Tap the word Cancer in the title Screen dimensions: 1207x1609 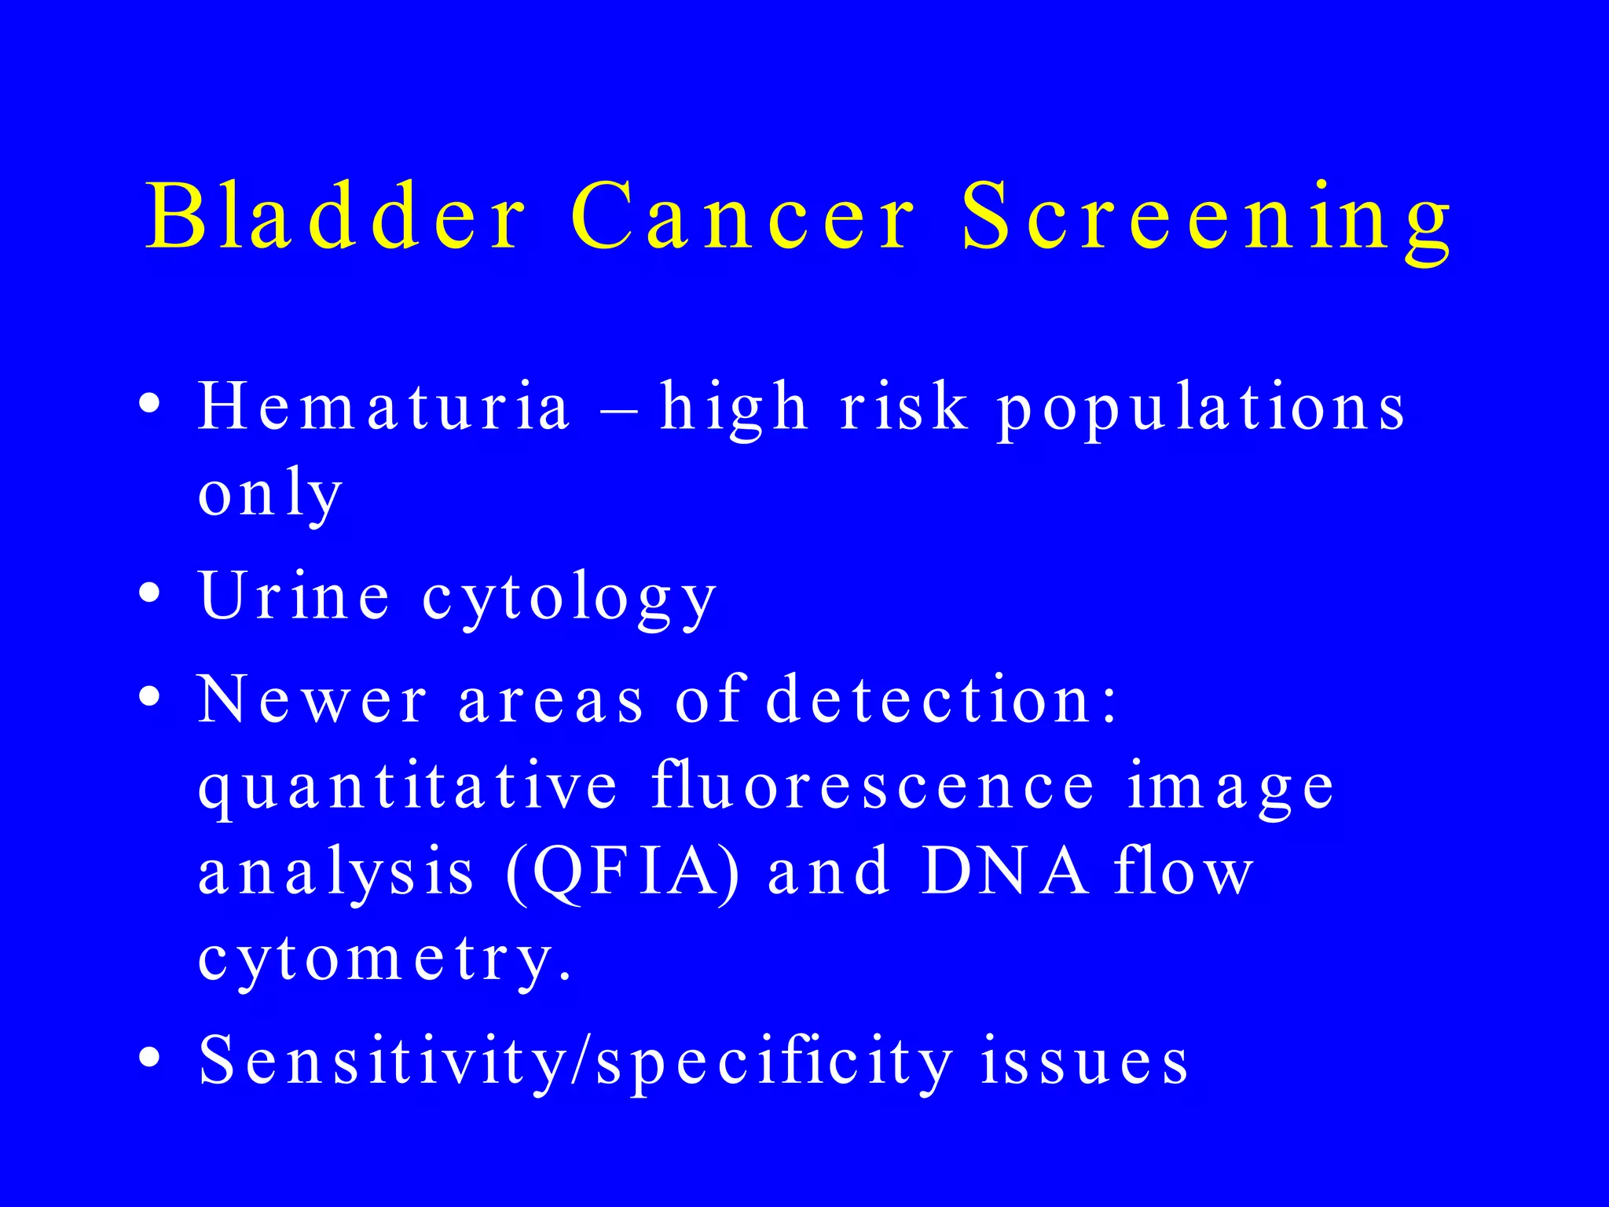click(x=742, y=215)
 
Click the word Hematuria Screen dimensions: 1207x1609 click(x=383, y=406)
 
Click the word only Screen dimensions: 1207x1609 click(x=269, y=495)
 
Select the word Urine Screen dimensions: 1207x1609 click(x=295, y=596)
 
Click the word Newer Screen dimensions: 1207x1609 click(x=313, y=699)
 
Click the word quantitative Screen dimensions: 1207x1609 click(x=408, y=788)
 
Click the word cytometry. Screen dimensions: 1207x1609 click(x=385, y=960)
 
